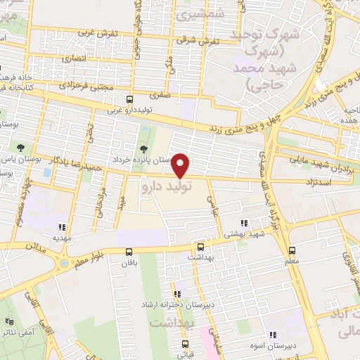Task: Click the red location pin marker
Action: click(x=181, y=166)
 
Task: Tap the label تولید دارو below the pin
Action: click(x=166, y=188)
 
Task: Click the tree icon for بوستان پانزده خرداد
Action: click(x=143, y=149)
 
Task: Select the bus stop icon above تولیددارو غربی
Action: click(x=129, y=99)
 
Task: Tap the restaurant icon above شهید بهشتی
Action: click(x=244, y=223)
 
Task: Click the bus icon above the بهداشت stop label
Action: click(x=200, y=247)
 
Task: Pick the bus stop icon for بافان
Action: click(x=129, y=251)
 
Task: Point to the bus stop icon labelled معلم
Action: click(x=292, y=250)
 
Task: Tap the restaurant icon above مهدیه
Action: click(x=63, y=227)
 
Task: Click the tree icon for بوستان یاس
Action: click(x=21, y=148)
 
